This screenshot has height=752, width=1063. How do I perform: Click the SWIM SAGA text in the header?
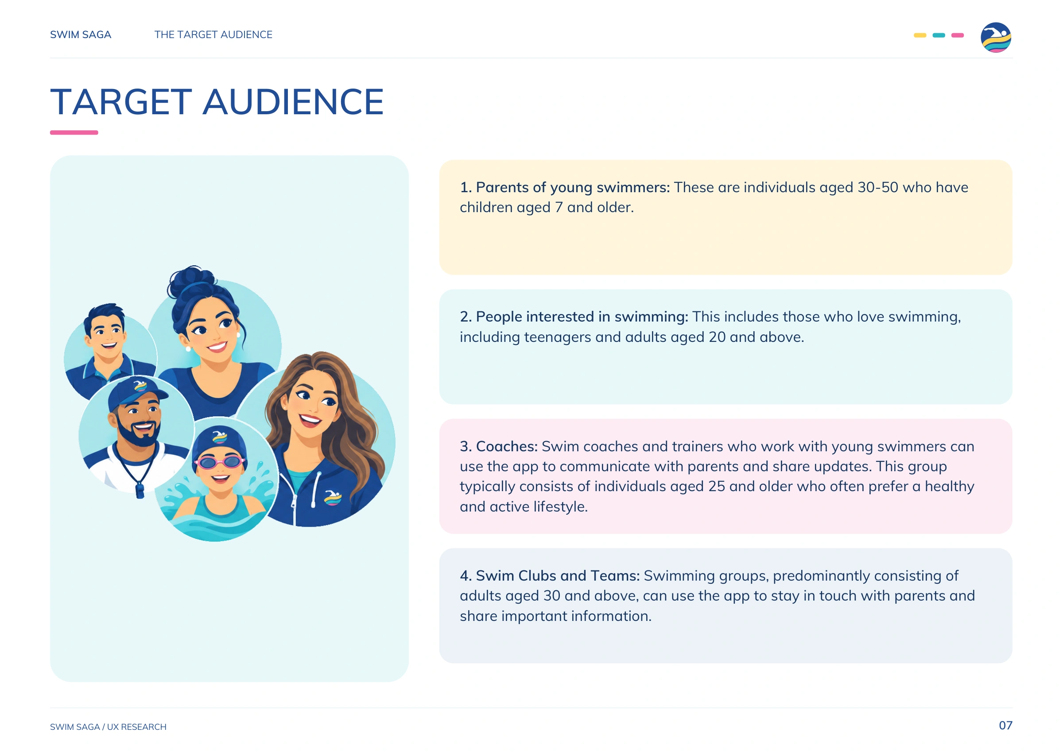click(x=81, y=35)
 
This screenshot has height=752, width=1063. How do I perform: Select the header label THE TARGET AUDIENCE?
click(x=213, y=35)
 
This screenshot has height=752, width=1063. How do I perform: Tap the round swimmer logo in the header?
click(x=995, y=38)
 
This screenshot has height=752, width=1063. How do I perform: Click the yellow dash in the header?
click(x=919, y=35)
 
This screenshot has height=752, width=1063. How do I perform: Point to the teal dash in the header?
click(x=939, y=35)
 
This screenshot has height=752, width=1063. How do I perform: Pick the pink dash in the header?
click(x=958, y=35)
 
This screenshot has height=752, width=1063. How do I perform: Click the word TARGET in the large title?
click(x=121, y=102)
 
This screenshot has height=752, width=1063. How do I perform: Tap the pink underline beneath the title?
click(x=74, y=132)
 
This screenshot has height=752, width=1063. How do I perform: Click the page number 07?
click(x=1005, y=725)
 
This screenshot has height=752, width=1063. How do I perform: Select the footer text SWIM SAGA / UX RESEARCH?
click(x=109, y=726)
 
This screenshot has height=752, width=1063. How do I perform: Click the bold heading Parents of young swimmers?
click(x=573, y=187)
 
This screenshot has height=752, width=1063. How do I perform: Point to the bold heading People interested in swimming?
click(x=582, y=317)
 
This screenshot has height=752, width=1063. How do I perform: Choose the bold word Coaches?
click(x=507, y=446)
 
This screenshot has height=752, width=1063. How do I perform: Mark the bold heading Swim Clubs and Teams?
click(x=558, y=576)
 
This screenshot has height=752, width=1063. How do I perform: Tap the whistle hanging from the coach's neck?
click(x=140, y=489)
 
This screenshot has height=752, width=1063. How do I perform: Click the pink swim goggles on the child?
click(x=219, y=461)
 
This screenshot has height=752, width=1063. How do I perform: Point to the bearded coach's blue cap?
click(x=137, y=394)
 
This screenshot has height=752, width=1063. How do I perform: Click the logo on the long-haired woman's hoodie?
click(x=333, y=497)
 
